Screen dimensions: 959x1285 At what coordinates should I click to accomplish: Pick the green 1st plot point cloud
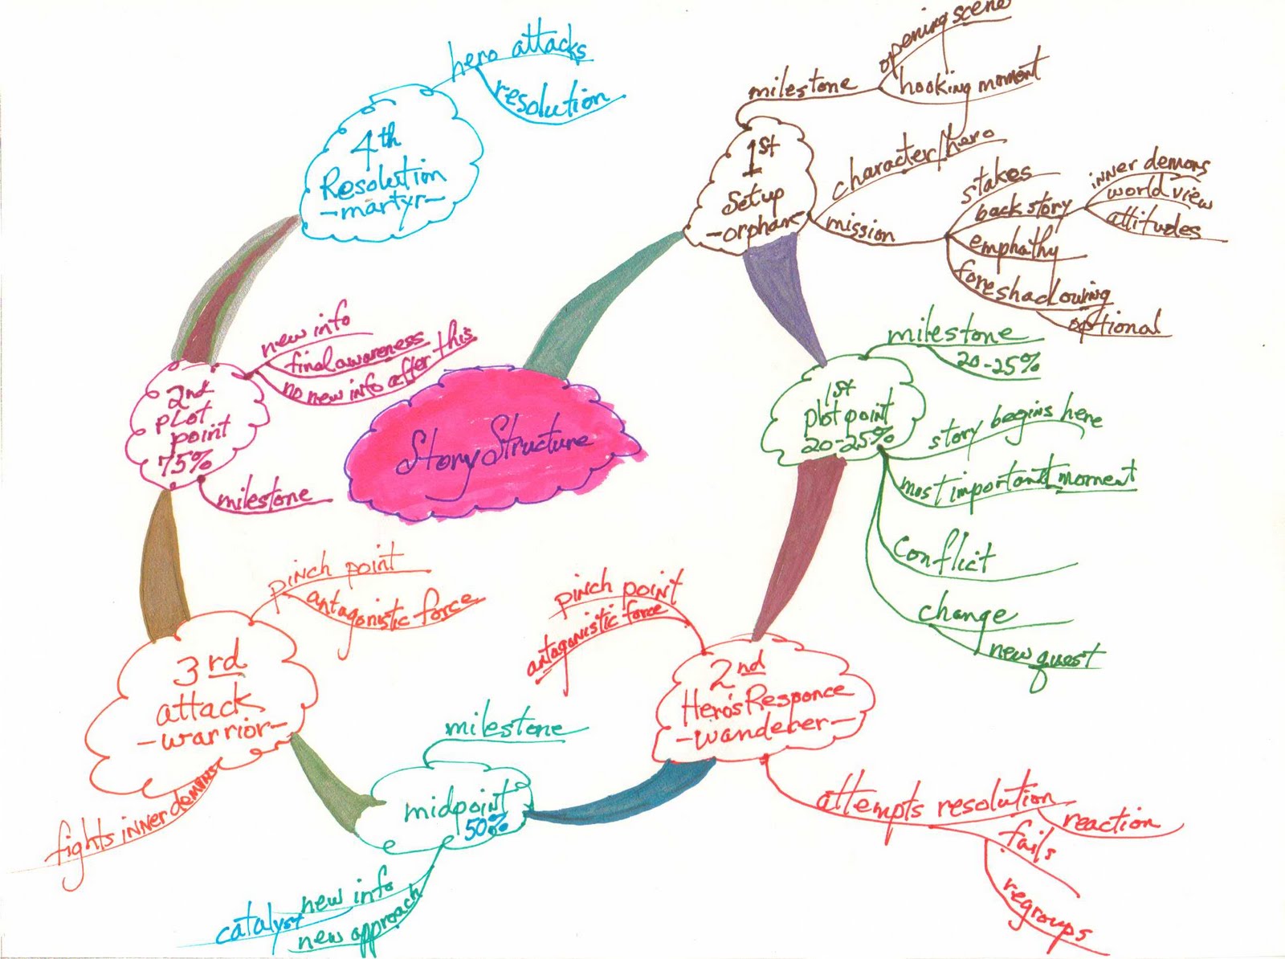point(843,414)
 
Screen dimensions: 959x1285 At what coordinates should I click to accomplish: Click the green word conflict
point(944,554)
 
